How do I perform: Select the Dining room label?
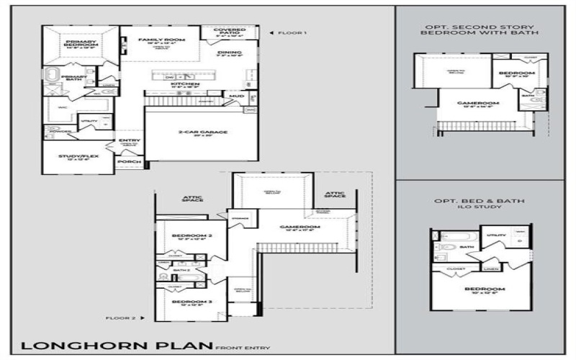230,53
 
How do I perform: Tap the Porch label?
130,162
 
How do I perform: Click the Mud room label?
235,94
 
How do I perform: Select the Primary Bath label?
74,76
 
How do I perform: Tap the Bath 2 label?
181,270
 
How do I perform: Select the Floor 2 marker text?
120,317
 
